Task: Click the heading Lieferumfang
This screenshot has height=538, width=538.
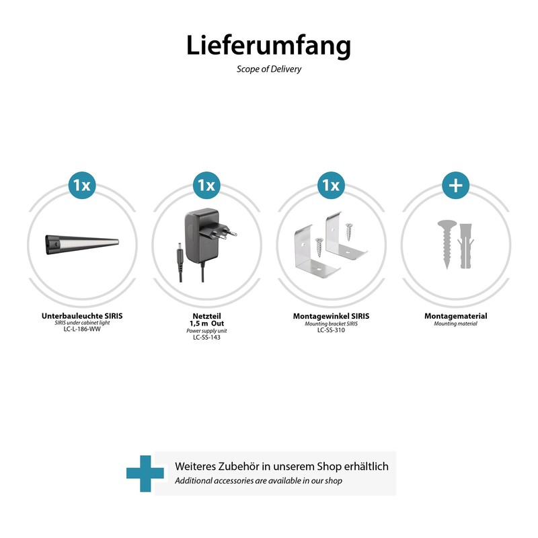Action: [x=268, y=46]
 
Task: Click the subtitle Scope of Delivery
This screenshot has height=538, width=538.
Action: [x=268, y=69]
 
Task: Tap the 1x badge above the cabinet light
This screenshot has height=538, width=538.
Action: [x=82, y=185]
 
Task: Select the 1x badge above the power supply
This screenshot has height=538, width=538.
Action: [x=206, y=185]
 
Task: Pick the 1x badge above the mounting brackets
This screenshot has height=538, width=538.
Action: [x=331, y=185]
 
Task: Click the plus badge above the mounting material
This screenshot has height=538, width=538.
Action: [x=455, y=185]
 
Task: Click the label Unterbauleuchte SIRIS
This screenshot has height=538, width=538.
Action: [x=82, y=315]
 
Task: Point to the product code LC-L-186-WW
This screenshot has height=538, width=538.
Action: [x=82, y=330]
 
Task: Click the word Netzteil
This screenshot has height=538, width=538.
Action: [x=206, y=315]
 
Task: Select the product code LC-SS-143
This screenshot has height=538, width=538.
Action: [x=206, y=338]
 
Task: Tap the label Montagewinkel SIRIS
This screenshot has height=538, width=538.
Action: [x=331, y=315]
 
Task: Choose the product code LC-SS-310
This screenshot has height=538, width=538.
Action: [x=331, y=330]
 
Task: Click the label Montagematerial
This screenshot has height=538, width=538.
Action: [x=455, y=315]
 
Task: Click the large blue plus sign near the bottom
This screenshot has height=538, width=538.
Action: [x=145, y=473]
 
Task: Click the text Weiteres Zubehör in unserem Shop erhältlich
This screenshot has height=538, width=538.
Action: [x=281, y=466]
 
